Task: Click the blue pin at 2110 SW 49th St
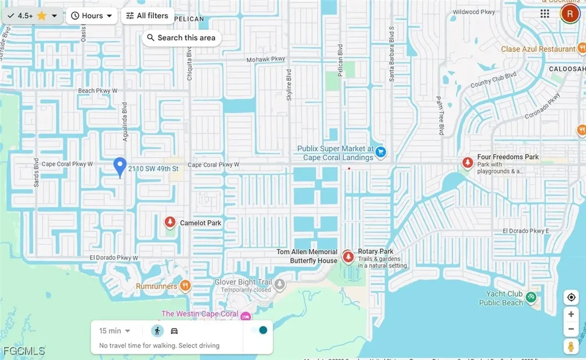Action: tap(120, 167)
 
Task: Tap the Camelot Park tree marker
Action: tap(170, 222)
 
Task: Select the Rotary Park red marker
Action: tap(347, 256)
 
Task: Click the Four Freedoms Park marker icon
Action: tap(468, 163)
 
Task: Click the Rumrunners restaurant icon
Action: tap(185, 285)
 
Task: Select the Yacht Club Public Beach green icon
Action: tap(531, 296)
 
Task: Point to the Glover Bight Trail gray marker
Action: tap(279, 283)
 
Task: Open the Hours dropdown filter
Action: tap(92, 15)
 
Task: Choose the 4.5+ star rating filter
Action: tap(31, 15)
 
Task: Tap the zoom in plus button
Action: tap(571, 314)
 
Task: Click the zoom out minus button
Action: tap(571, 329)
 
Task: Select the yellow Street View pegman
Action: tap(571, 346)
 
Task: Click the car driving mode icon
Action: tap(175, 331)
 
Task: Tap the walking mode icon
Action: tap(157, 331)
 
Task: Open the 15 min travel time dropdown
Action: tap(114, 331)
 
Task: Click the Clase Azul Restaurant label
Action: tap(538, 49)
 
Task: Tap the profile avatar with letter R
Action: tap(569, 14)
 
